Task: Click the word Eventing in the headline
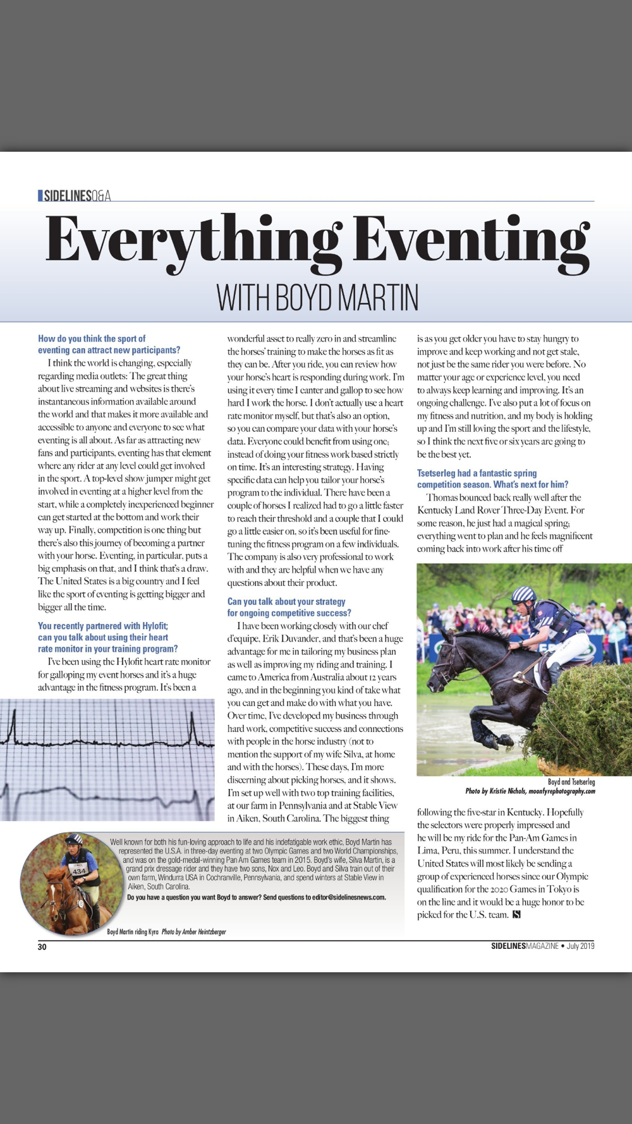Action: [x=470, y=243]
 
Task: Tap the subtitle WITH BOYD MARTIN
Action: [x=317, y=297]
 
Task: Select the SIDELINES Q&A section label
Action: [x=75, y=196]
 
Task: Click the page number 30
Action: [x=42, y=946]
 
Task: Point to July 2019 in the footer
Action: [x=580, y=946]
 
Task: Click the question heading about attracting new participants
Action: [x=109, y=345]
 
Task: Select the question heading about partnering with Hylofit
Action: [x=107, y=637]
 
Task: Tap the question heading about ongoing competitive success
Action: [x=289, y=607]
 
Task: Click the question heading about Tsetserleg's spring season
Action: [x=492, y=479]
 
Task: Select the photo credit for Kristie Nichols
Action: [x=530, y=791]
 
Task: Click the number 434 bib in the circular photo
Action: [x=79, y=871]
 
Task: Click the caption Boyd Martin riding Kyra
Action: [x=133, y=932]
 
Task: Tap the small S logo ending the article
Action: [x=516, y=915]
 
